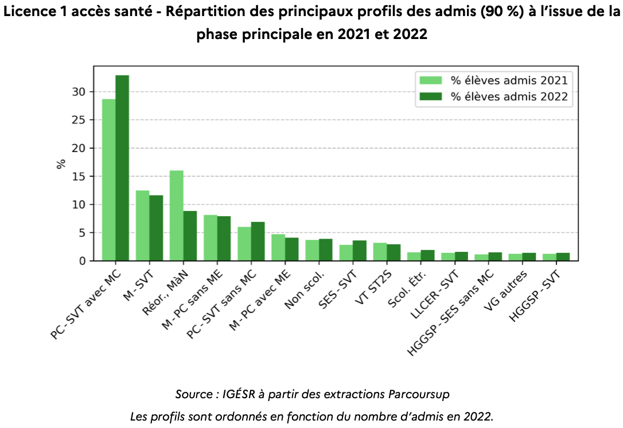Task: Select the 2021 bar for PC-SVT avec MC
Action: (108, 180)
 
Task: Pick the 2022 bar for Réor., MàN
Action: (190, 236)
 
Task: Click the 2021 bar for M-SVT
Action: (142, 225)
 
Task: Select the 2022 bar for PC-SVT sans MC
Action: (258, 242)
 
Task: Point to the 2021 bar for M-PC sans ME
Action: (210, 238)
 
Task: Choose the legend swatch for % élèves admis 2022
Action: (431, 97)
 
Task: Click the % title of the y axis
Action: (61, 164)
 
